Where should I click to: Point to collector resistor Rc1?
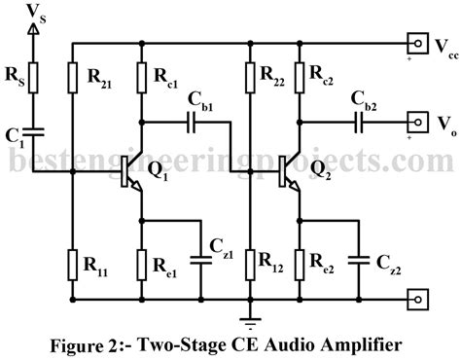coord(143,76)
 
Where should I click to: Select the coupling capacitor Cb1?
coord(191,124)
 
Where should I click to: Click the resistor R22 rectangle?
coord(251,76)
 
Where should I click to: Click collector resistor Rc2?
coord(300,76)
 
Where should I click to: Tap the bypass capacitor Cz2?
coord(358,260)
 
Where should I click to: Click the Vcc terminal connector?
coord(418,43)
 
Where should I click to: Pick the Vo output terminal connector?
coord(418,124)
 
